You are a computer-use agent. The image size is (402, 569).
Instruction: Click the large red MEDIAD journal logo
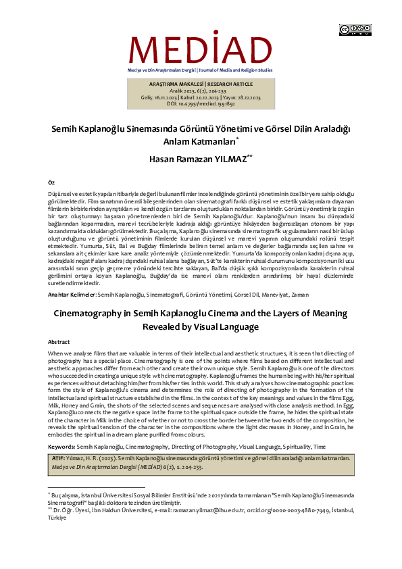point(201,49)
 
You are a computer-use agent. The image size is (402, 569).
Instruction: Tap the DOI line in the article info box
point(201,103)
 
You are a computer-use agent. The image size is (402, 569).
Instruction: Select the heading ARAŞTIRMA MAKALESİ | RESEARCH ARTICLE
point(201,84)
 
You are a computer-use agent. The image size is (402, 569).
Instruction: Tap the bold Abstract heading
point(59,343)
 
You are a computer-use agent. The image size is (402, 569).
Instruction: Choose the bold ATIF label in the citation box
point(58,457)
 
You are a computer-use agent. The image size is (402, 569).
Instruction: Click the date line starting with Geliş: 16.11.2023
point(201,97)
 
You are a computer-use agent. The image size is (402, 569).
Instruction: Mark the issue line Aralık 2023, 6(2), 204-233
point(201,91)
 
